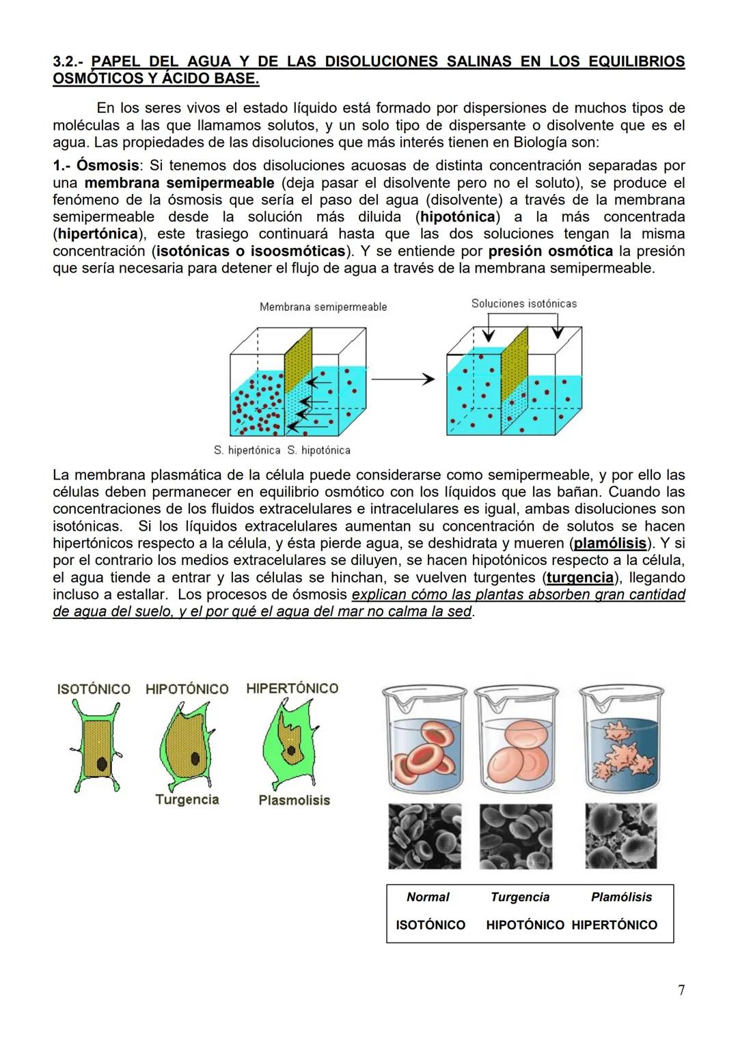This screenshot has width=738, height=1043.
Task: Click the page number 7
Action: (681, 990)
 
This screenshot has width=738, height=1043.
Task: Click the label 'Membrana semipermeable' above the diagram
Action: (323, 307)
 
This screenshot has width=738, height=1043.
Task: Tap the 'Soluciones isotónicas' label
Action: (524, 304)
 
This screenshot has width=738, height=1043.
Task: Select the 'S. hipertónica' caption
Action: (247, 451)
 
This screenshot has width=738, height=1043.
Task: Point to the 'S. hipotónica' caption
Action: (318, 451)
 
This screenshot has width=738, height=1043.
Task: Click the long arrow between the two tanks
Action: (403, 379)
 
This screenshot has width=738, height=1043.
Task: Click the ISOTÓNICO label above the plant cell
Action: (94, 689)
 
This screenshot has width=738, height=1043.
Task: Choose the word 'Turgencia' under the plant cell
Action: (187, 800)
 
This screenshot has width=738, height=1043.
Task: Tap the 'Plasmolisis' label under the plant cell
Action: (294, 801)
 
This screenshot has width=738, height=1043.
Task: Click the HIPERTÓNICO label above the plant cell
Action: (292, 689)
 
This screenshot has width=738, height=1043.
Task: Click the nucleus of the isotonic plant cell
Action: (102, 763)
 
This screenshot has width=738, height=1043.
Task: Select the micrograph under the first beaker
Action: (424, 836)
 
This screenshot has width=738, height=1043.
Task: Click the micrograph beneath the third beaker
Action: (620, 836)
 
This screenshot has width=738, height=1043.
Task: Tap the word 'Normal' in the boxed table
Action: (428, 898)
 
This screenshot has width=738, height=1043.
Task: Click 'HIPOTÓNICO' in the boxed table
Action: (525, 926)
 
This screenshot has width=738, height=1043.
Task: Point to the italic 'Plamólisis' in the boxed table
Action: (621, 898)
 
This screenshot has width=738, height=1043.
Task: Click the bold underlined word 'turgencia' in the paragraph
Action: (580, 578)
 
